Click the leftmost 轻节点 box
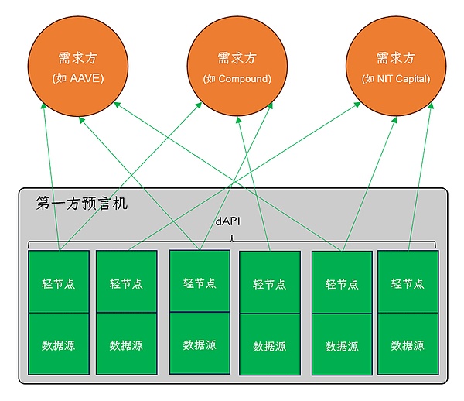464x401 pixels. (59, 283)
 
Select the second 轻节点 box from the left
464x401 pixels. (127, 283)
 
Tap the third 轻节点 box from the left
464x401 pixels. (200, 282)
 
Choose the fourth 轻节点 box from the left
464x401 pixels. (270, 283)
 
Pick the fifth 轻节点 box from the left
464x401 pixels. (341, 283)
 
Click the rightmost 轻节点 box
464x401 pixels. (408, 283)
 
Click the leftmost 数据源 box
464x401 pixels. (59, 344)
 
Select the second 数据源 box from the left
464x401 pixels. (127, 344)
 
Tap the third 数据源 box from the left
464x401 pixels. (200, 344)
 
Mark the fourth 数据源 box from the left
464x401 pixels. (270, 345)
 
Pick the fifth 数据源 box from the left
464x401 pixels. (341, 346)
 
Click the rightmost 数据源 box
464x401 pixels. (408, 345)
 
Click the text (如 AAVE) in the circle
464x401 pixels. (77, 79)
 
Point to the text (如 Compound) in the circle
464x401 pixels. (237, 79)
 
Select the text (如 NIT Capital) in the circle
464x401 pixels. (395, 79)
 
